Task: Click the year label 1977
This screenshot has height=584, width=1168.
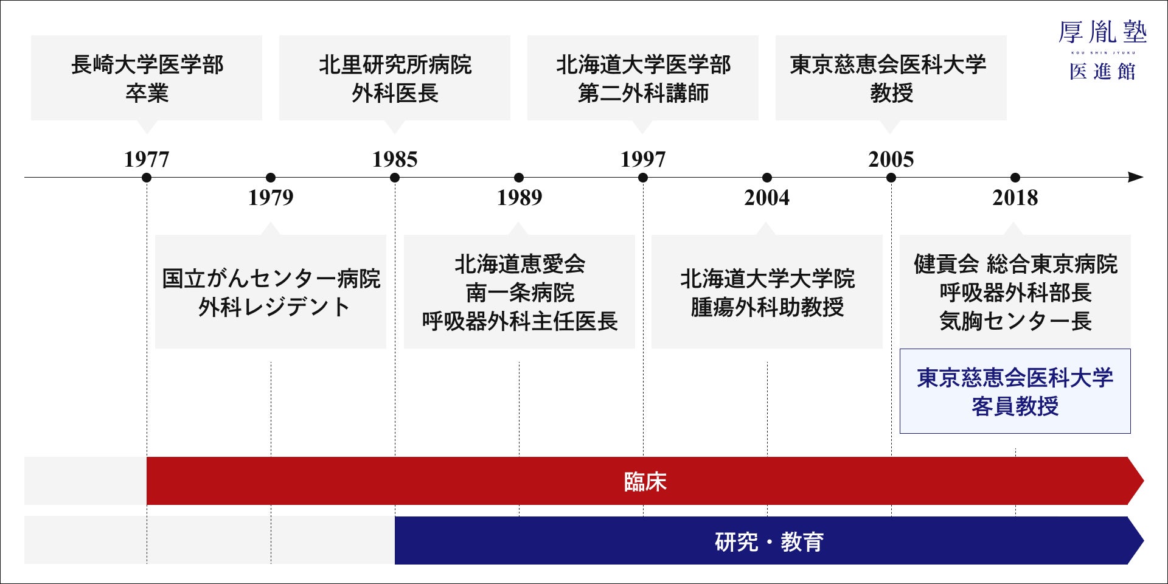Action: point(147,159)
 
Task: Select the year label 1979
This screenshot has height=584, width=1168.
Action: point(271,197)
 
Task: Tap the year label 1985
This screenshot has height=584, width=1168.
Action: point(395,159)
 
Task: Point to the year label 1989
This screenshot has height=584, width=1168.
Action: point(519,197)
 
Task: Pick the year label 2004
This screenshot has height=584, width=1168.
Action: point(767,197)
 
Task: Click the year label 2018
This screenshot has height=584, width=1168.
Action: point(1015,197)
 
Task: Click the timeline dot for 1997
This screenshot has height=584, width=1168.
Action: point(643,178)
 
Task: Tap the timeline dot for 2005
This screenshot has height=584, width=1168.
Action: point(891,178)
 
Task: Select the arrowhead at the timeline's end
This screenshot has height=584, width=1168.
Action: point(1136,177)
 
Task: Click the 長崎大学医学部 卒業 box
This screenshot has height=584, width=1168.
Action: point(147,78)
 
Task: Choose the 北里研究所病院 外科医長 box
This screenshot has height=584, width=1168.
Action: point(395,78)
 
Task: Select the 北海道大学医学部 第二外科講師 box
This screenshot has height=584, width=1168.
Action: point(643,78)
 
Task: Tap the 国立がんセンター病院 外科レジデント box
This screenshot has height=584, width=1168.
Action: point(271,292)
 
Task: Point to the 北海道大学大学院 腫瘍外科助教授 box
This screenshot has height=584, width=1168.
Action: point(767,292)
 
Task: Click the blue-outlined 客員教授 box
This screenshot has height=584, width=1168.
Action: point(1015,391)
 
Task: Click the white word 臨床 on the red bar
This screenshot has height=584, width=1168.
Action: point(645,482)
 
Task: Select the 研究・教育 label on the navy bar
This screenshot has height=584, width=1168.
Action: point(770,541)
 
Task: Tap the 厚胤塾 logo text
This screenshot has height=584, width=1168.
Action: point(1103,32)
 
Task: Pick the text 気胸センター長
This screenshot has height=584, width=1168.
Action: point(1015,321)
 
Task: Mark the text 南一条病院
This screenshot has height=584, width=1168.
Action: point(520,293)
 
